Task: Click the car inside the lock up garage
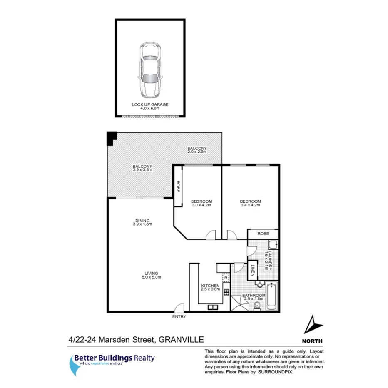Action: pyautogui.click(x=150, y=70)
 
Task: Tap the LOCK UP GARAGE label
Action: pyautogui.click(x=150, y=107)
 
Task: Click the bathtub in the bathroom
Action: pyautogui.click(x=271, y=296)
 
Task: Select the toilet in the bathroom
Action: pyautogui.click(x=257, y=306)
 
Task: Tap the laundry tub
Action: pyautogui.click(x=273, y=245)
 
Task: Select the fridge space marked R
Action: pyautogui.click(x=225, y=277)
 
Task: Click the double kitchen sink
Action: pyautogui.click(x=213, y=308)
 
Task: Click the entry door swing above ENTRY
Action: pyautogui.click(x=179, y=308)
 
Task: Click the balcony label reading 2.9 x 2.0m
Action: pyautogui.click(x=196, y=150)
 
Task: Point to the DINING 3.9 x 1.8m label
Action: pyautogui.click(x=142, y=222)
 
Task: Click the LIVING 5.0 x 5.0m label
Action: pyautogui.click(x=150, y=275)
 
